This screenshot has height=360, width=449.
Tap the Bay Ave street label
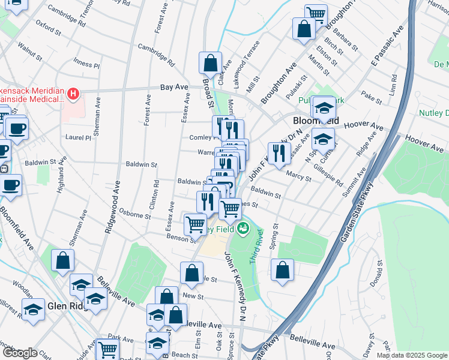[174, 88]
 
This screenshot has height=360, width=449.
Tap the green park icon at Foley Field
[243, 228]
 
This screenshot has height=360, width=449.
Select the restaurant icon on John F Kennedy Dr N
[279, 153]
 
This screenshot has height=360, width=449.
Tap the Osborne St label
[136, 215]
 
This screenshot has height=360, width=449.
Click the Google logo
[20, 353]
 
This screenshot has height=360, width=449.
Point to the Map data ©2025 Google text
[412, 355]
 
